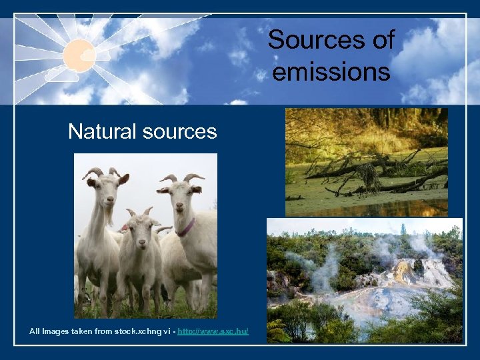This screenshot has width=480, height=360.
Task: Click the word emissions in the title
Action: click(x=331, y=71)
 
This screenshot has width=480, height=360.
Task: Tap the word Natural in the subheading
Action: click(x=103, y=131)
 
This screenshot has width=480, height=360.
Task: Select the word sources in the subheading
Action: click(x=180, y=131)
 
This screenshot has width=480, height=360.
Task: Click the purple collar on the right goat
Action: click(x=186, y=228)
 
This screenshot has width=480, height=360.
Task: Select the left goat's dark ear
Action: click(x=123, y=179)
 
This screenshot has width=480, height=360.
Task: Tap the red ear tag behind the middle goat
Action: click(x=125, y=229)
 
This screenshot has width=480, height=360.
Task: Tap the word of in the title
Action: click(x=383, y=41)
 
